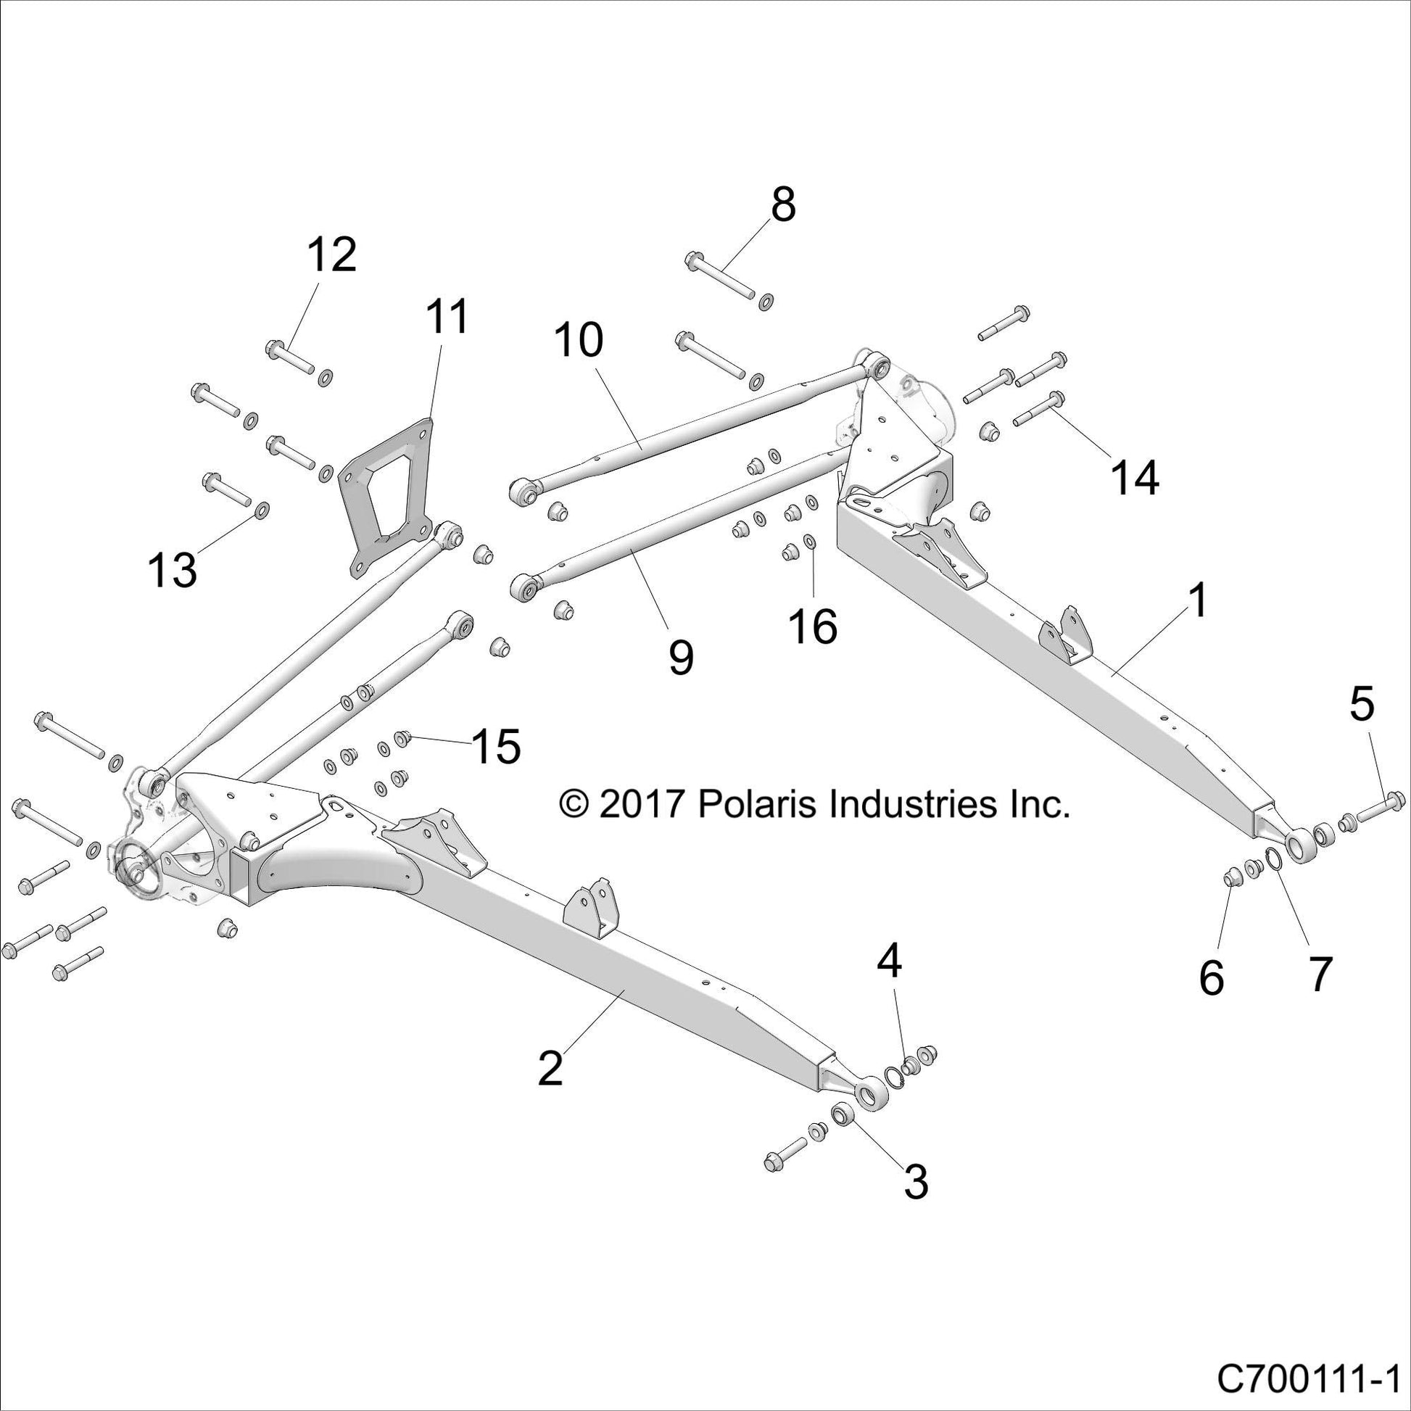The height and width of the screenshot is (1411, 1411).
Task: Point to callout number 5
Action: pyautogui.click(x=1362, y=705)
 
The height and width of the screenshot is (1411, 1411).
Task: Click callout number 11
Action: pyautogui.click(x=447, y=318)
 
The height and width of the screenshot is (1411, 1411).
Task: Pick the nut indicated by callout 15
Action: pyautogui.click(x=401, y=737)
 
